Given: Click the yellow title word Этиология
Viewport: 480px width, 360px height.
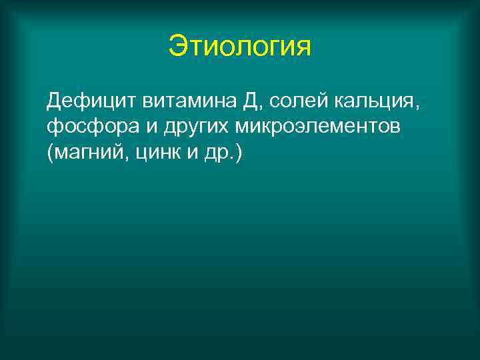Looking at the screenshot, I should [240, 47].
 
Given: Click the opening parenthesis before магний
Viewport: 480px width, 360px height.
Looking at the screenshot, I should [51, 153].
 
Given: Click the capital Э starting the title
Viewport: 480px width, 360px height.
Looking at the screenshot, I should [177, 47].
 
